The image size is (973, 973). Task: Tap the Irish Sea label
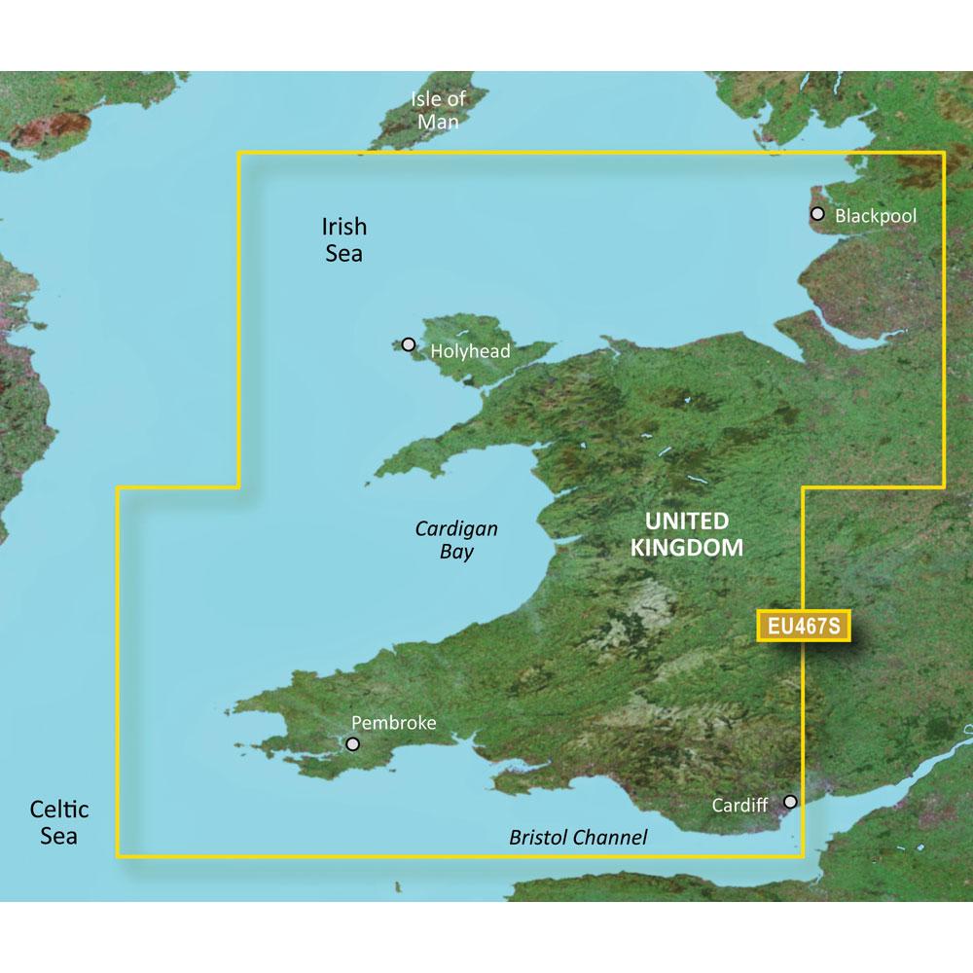(343, 239)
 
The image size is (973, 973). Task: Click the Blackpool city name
(877, 215)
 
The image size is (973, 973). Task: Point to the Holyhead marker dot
(409, 344)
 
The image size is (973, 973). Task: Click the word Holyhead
(470, 351)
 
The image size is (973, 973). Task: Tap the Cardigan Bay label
(456, 540)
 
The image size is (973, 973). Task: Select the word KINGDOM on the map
(687, 548)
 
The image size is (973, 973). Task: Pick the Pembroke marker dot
(352, 744)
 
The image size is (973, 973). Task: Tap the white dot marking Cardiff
(791, 802)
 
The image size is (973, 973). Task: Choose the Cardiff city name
(741, 806)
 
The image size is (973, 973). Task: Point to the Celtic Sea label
(59, 822)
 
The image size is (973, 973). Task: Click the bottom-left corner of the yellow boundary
(119, 856)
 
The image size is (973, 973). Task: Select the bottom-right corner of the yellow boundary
(801, 856)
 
